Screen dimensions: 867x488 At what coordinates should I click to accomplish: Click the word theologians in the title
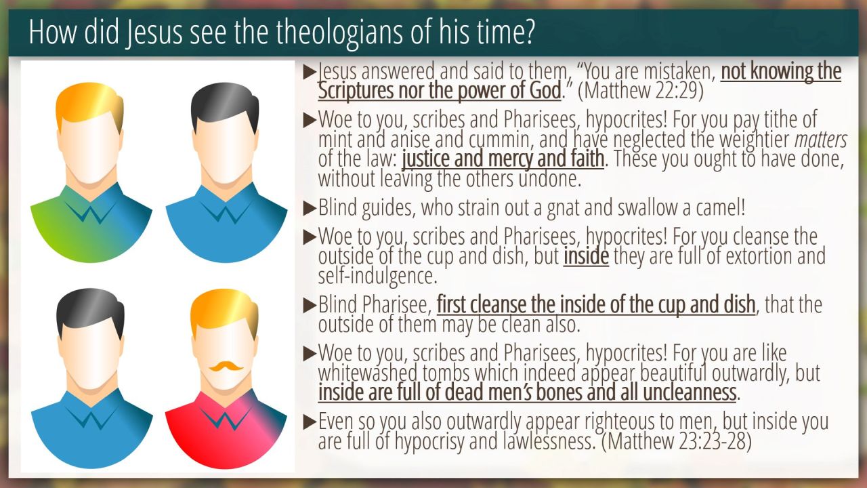click(339, 33)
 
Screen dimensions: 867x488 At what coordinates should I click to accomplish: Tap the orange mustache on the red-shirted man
click(226, 366)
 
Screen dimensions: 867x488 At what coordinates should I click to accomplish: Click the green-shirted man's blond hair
click(90, 105)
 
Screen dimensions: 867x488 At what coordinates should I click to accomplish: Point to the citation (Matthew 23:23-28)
click(676, 441)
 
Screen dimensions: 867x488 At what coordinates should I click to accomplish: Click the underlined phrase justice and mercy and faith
click(503, 159)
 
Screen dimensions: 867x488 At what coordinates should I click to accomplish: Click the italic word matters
click(821, 140)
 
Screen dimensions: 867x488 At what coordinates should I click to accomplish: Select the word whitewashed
click(368, 373)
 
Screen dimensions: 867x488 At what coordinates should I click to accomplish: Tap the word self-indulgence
click(377, 276)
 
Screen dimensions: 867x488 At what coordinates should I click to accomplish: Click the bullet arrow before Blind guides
click(310, 208)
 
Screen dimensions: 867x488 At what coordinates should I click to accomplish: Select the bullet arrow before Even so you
click(310, 422)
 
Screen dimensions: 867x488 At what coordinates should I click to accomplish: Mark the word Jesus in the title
click(154, 33)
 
